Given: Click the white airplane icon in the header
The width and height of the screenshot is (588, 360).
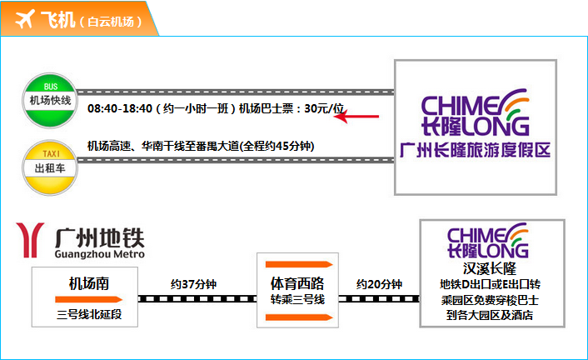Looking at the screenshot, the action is coord(25,19).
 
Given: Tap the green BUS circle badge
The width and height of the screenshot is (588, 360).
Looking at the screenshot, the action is coord(50,100).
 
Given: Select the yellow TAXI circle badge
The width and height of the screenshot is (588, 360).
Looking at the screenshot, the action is coord(50,167).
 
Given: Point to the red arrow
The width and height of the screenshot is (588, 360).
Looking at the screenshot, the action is coord(356,117).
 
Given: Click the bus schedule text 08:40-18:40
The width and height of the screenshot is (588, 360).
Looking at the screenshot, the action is coord(120,109).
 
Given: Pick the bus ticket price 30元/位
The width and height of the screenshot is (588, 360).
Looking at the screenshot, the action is coord(324,108).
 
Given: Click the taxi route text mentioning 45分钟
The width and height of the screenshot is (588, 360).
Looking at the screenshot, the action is coord(201,146).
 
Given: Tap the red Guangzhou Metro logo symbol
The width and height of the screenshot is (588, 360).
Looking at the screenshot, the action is coord(30,240).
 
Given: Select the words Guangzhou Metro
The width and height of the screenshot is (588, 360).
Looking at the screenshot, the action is coord(100,254).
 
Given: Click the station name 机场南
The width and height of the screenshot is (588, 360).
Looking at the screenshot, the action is coord(89,283).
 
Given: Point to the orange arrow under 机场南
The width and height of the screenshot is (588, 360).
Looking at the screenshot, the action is coord(89,299).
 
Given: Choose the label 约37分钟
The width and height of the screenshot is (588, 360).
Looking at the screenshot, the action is coord(193,284).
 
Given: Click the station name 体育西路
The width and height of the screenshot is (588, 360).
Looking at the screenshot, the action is coord(297,283).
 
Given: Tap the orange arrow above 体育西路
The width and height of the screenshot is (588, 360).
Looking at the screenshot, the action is coord(299,264).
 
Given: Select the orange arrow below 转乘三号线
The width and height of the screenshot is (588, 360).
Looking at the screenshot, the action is coord(299,317).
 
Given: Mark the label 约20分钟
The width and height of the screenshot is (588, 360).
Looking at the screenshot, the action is coord(379,284).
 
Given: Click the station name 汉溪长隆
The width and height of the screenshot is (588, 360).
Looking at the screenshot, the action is coord(490,268).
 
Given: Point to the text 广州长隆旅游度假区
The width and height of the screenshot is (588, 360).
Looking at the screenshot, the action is coord(475,150).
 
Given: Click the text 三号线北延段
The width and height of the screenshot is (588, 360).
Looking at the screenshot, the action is coord(89,314).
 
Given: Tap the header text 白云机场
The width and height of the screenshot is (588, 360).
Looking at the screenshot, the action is coord(111,22).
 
